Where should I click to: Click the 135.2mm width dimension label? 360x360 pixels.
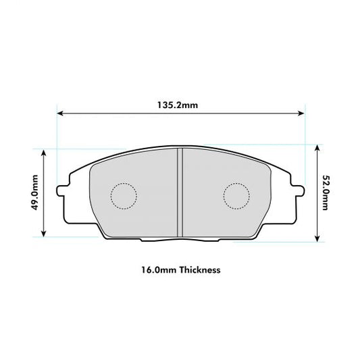179,105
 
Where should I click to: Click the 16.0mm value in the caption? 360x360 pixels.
157,269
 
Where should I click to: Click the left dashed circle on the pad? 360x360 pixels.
124,195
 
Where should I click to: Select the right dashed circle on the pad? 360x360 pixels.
236,195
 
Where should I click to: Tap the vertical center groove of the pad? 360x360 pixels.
180,193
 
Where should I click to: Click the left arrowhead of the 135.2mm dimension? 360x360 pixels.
60,113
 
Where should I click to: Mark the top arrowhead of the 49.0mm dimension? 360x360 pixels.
45,153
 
